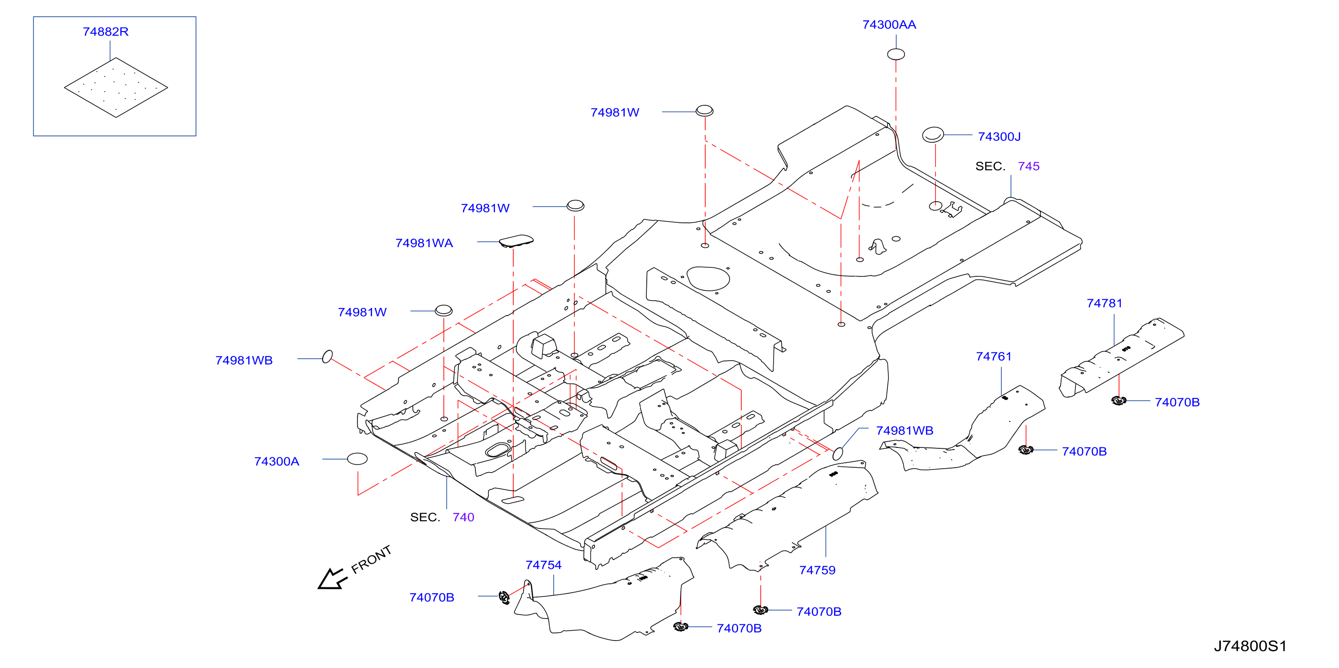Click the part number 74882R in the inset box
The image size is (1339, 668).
(106, 32)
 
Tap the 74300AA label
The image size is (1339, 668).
(889, 24)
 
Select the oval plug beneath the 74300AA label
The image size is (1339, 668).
(896, 54)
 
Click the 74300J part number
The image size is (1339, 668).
(999, 136)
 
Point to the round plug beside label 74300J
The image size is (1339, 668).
(932, 135)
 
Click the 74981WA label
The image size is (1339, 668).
(424, 243)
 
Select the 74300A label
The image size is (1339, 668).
(277, 461)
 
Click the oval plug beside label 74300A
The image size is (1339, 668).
(357, 459)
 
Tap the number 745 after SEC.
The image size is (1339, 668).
(1029, 166)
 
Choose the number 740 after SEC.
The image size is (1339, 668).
(463, 517)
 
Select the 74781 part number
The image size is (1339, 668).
(1105, 303)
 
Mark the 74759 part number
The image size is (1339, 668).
(817, 570)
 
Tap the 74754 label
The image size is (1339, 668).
(543, 565)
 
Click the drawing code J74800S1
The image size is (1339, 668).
(1250, 646)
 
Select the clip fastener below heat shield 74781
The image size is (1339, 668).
(1119, 400)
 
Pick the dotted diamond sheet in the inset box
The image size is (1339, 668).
(116, 87)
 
